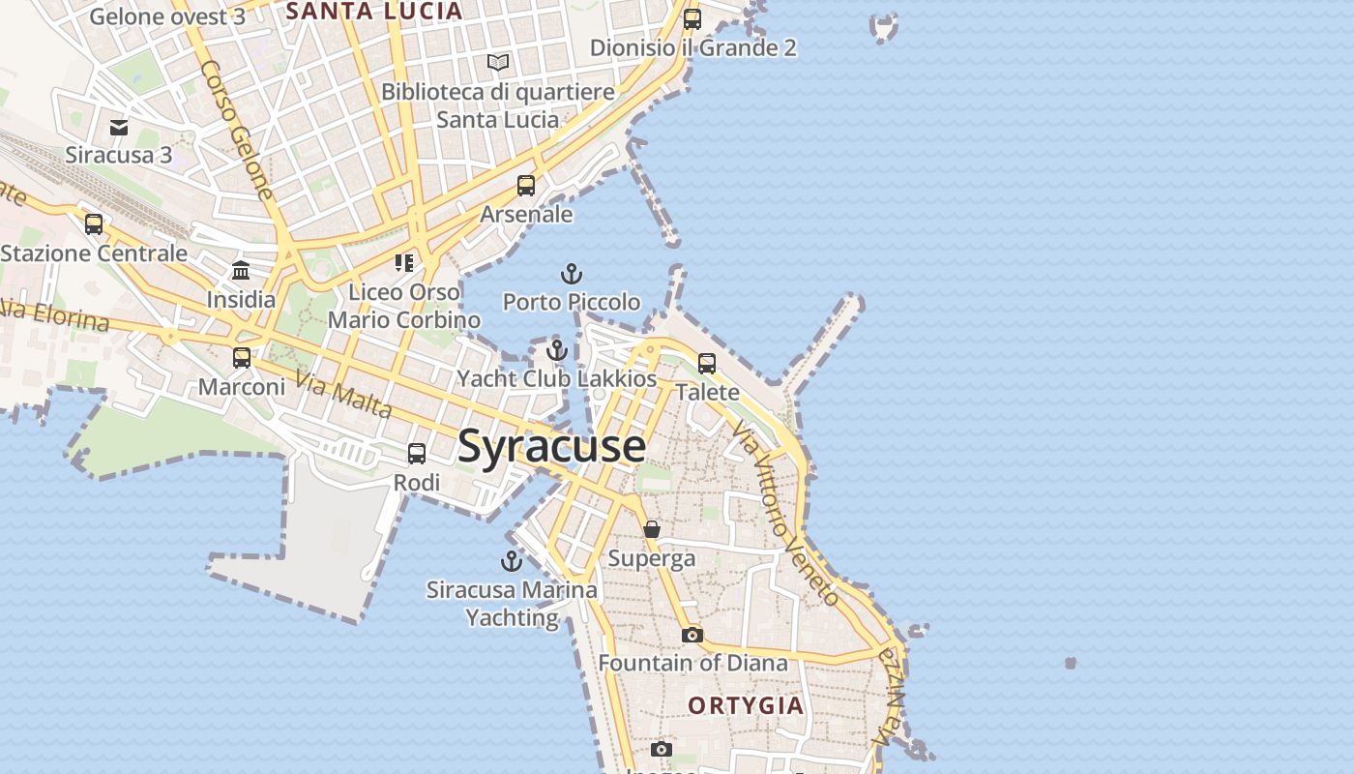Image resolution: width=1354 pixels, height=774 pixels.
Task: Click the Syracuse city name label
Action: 551,447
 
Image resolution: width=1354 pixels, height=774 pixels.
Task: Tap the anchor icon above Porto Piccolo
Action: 572,274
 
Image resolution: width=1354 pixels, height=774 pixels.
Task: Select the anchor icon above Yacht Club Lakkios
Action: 556,350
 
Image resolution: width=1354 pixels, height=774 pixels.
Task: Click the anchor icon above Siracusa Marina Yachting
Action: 511,560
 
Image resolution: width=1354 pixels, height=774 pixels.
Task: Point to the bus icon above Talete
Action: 707,364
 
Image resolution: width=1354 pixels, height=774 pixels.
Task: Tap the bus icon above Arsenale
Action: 526,186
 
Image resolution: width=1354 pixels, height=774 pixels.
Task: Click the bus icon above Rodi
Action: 417,454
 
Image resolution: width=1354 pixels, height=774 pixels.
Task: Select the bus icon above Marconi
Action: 242,358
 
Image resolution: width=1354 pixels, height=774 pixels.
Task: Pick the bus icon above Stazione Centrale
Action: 94,224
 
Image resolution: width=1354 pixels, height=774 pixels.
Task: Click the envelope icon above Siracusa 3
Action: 119,127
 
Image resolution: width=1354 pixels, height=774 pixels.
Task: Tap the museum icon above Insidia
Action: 241,271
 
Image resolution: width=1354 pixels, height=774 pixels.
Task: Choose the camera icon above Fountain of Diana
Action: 692,635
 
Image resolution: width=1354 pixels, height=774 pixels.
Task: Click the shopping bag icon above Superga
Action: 652,529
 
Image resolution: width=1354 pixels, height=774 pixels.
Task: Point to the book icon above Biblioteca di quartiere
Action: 498,63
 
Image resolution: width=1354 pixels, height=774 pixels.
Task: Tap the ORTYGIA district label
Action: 746,705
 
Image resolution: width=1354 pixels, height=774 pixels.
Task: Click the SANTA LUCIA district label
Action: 375,12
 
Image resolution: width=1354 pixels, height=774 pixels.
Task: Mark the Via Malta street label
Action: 343,395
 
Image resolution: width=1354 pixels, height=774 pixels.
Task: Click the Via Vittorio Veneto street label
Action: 785,513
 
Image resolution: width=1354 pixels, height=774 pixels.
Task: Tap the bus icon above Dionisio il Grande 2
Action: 692,18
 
